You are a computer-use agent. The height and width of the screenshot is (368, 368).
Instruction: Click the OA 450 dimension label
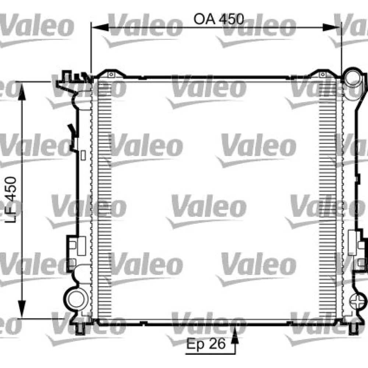(219, 19)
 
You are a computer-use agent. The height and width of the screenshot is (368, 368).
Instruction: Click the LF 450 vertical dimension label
(11, 200)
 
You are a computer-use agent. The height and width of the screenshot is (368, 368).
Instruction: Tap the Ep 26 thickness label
(206, 344)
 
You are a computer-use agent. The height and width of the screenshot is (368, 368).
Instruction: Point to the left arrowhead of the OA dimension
(100, 28)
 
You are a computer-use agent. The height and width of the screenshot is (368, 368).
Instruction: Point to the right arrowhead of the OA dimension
(331, 28)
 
